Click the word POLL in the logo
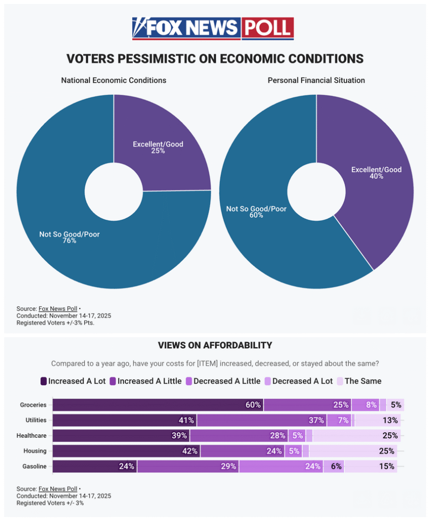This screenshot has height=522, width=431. click(x=268, y=29)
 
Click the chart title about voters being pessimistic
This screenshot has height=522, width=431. click(x=215, y=59)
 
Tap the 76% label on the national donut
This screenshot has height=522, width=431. click(x=69, y=240)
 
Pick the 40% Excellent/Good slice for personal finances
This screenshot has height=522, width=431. click(x=376, y=173)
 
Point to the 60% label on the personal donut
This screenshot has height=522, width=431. click(x=256, y=215)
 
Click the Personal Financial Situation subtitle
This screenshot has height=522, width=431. click(x=316, y=80)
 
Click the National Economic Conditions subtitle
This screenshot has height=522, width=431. click(x=114, y=80)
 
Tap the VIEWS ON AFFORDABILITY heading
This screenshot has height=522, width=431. click(x=215, y=345)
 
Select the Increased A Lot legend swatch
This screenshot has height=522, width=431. click(x=44, y=381)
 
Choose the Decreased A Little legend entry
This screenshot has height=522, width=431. click(x=223, y=381)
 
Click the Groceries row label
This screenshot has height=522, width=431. click(x=34, y=405)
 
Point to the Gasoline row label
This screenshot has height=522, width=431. click(x=35, y=466)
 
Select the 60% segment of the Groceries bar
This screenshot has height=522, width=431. click(x=158, y=405)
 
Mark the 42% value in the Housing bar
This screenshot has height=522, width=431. click(x=126, y=451)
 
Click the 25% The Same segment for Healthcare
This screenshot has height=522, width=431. click(x=356, y=436)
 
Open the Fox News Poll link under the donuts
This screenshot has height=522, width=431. click(x=58, y=309)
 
